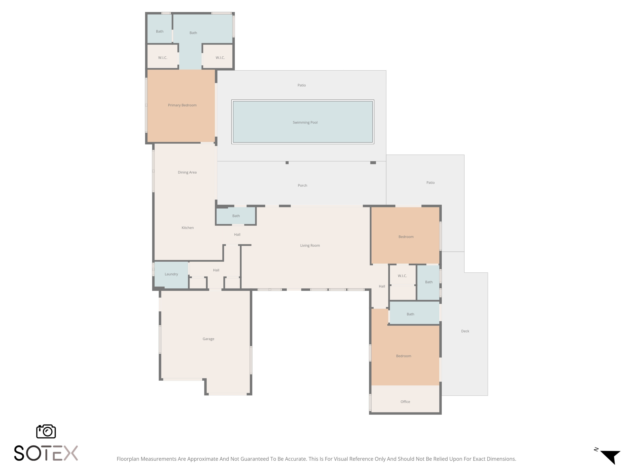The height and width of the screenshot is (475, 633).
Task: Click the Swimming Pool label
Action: (x=305, y=122)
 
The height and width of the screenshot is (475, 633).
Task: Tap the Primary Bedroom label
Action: (x=182, y=105)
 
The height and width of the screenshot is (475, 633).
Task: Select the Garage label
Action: (x=208, y=339)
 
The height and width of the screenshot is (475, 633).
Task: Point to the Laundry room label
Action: (x=171, y=274)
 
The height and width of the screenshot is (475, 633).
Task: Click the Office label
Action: (x=405, y=402)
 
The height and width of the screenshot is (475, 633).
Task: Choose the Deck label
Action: (x=465, y=331)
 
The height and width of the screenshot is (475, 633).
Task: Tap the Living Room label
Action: (x=310, y=246)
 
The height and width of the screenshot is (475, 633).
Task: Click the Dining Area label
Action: (x=187, y=172)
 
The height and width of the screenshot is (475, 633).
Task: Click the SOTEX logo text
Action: (x=46, y=453)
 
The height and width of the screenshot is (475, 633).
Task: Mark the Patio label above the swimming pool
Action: (x=302, y=85)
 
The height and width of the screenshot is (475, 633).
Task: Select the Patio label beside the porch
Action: (x=430, y=183)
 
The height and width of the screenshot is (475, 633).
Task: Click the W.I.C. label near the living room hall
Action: (x=402, y=276)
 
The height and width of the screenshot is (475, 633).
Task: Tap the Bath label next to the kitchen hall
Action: (x=236, y=216)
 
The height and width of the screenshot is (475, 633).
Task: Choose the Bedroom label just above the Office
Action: (x=403, y=356)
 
